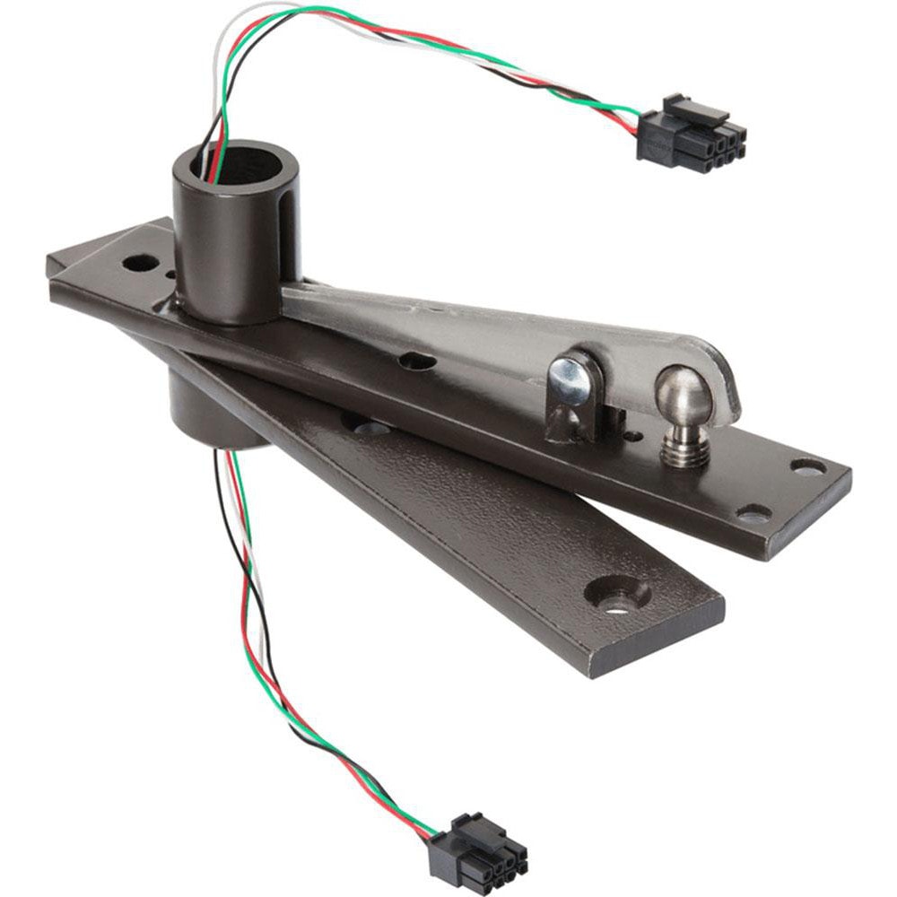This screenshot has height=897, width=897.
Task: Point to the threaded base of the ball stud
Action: [686, 445]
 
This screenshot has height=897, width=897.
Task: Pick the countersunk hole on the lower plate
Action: [617, 594]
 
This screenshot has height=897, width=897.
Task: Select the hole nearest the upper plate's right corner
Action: [807, 467]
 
